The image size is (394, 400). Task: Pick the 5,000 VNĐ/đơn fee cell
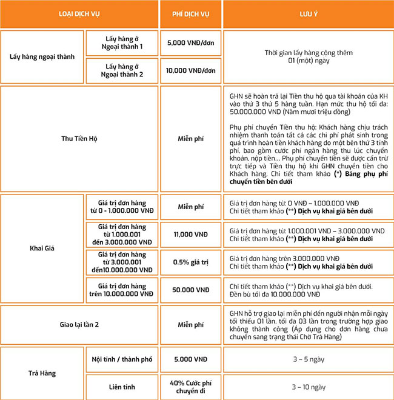tap(191, 44)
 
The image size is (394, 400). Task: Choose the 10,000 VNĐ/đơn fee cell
tap(191, 70)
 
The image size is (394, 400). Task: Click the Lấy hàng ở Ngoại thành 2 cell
tap(124, 70)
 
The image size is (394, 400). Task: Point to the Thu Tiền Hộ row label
tap(79, 139)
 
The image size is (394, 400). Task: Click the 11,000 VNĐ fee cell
tap(191, 234)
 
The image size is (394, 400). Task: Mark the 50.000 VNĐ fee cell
tap(191, 290)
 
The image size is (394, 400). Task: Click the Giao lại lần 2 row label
tap(79, 324)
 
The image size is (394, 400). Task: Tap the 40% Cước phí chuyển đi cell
tap(191, 386)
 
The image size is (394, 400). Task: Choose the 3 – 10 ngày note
tap(307, 386)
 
